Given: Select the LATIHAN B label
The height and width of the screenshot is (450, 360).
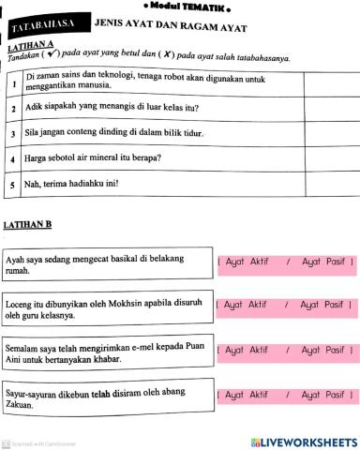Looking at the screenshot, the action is click(x=27, y=225).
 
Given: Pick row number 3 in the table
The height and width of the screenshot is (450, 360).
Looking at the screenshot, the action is click(x=13, y=134).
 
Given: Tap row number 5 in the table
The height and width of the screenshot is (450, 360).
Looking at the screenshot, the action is click(x=13, y=184).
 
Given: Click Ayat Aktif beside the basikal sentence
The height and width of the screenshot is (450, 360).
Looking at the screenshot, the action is click(x=247, y=262).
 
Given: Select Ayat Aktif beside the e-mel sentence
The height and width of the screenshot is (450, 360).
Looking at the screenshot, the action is click(x=247, y=350).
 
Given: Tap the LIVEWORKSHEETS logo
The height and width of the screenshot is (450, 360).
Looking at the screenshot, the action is click(x=303, y=441).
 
